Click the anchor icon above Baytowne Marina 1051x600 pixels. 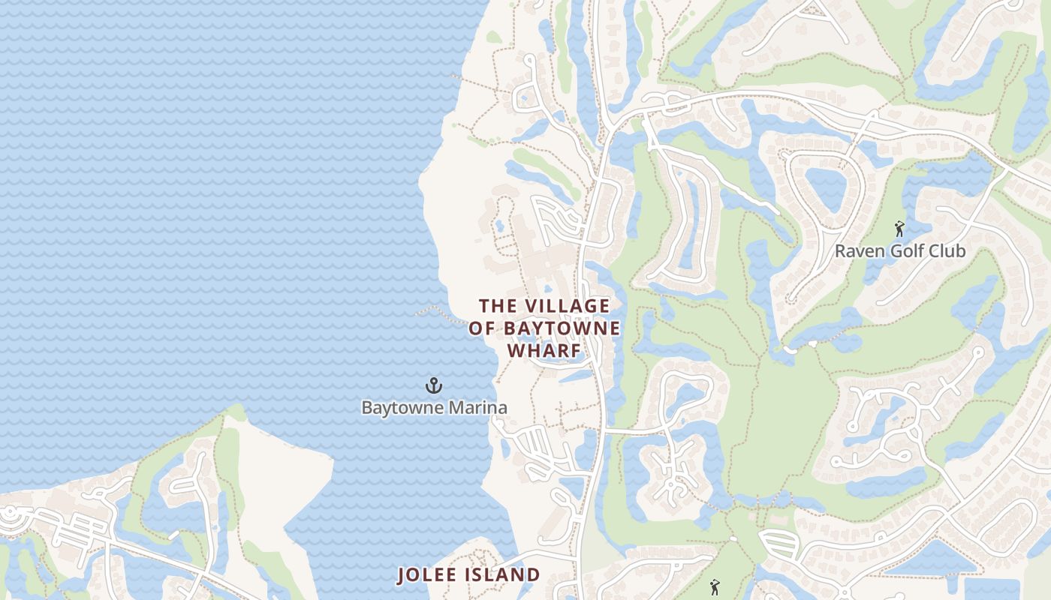434,386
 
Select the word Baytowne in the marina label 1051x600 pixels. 398,408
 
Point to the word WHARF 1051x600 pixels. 545,351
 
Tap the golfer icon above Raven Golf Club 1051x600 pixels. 899,228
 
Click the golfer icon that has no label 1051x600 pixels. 715,587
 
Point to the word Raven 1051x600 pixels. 857,250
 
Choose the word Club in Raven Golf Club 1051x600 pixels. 947,250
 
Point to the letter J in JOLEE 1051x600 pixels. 402,575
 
